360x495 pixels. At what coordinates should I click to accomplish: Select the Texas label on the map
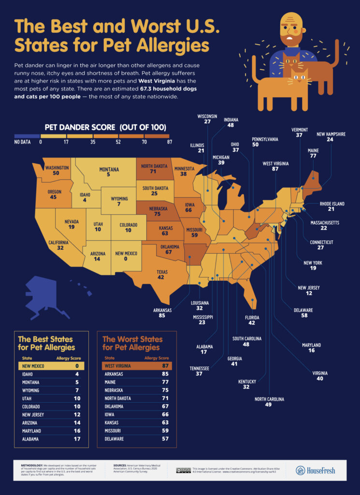tap(162, 272)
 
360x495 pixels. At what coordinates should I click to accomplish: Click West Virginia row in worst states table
tap(137, 366)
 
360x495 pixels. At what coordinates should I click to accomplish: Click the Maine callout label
tap(313, 151)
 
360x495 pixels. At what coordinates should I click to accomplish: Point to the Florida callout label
tap(248, 319)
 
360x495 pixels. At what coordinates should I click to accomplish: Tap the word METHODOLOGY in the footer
tap(32, 466)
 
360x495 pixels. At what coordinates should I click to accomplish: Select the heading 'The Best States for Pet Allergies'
tap(46, 343)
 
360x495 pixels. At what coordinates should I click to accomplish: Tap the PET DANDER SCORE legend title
tap(105, 128)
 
